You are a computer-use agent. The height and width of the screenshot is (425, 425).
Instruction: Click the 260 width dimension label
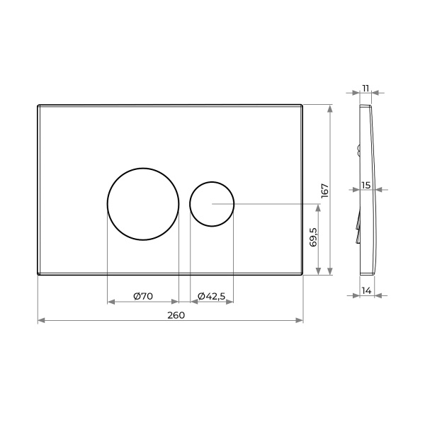pyautogui.click(x=176, y=315)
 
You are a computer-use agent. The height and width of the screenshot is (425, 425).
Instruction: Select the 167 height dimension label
pyautogui.click(x=324, y=191)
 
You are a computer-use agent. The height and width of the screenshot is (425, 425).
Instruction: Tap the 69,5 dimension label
pyautogui.click(x=313, y=237)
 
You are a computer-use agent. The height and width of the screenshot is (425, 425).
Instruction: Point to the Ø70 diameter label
pyautogui.click(x=143, y=296)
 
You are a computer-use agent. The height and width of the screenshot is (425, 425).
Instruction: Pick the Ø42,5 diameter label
pyautogui.click(x=211, y=296)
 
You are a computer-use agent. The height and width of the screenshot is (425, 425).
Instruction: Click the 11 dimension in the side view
pyautogui.click(x=365, y=89)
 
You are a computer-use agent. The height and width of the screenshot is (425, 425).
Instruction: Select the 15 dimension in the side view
pyautogui.click(x=366, y=186)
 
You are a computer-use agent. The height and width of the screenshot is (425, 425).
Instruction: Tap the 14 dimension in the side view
pyautogui.click(x=366, y=291)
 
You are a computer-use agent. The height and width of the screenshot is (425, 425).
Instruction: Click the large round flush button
pyautogui.click(x=143, y=169)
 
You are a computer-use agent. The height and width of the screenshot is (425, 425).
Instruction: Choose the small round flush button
pyautogui.click(x=212, y=182)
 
